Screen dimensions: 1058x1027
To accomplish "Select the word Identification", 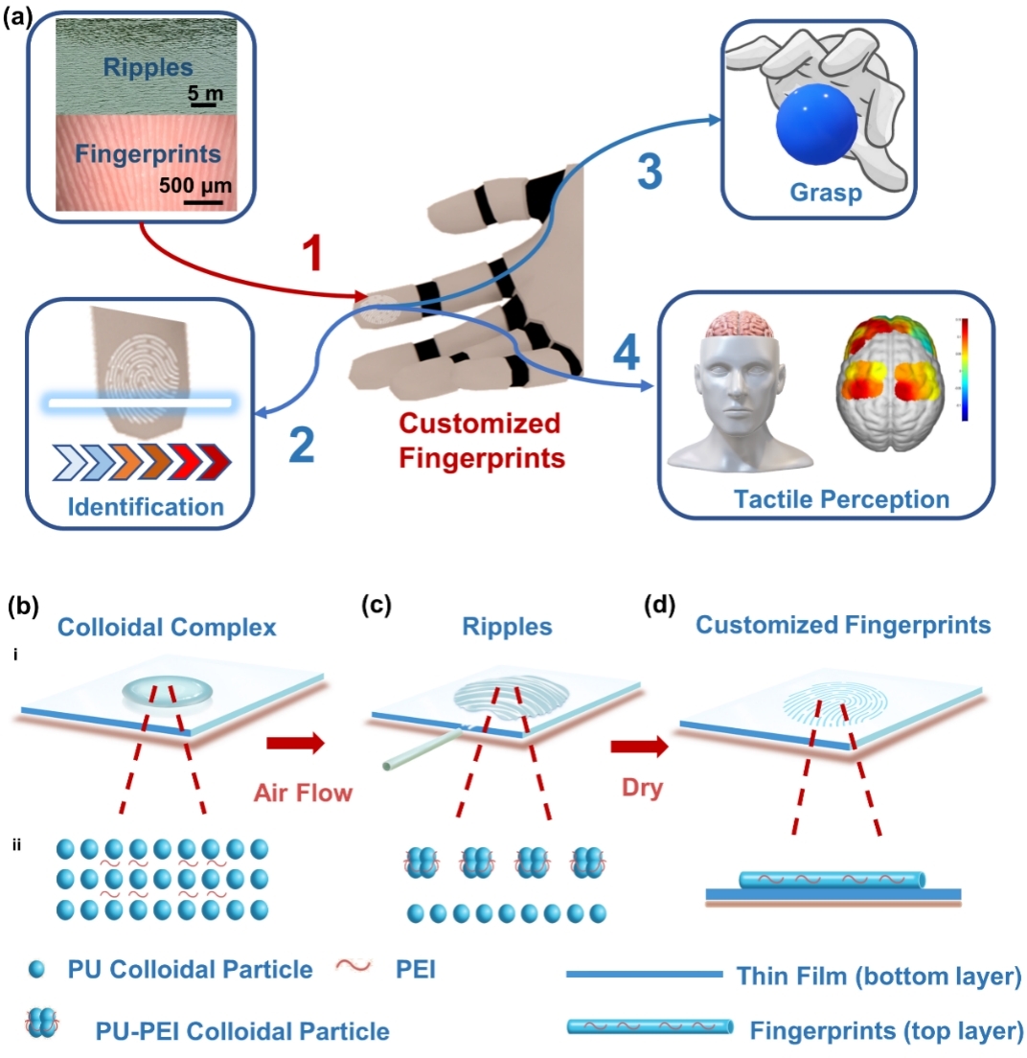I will click(x=144, y=505).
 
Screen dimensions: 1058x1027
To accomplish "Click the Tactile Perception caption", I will click(x=841, y=498).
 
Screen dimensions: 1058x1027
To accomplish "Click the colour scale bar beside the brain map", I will click(x=962, y=370).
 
